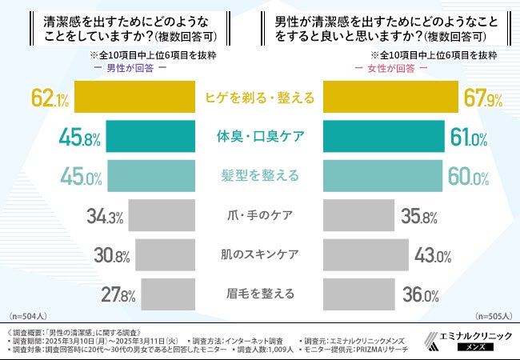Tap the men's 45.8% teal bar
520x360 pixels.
coord(150,138)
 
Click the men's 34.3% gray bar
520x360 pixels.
coord(162,216)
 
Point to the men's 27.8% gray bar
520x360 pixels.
coord(169,294)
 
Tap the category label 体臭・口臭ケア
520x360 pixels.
coord(259,138)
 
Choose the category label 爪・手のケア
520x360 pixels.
coord(259,216)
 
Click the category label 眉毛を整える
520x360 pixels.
coord(259,294)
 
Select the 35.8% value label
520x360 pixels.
coord(421,216)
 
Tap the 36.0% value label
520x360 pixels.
coord(421,294)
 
